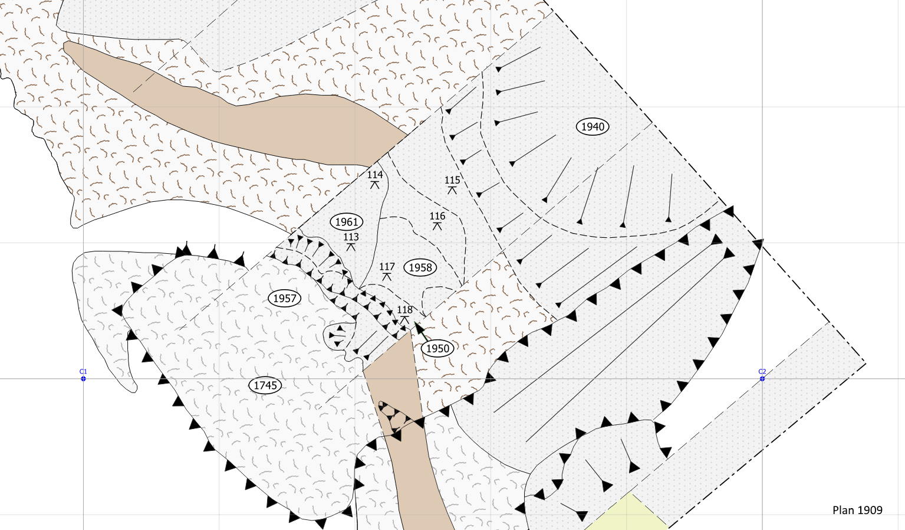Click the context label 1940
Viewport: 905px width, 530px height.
593,127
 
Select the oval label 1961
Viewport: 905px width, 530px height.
347,222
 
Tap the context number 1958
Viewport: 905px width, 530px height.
420,267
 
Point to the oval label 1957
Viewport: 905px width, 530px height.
284,299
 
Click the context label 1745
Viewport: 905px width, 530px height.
265,385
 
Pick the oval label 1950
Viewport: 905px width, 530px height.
437,348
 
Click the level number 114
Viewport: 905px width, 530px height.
375,175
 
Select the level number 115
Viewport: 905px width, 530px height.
452,180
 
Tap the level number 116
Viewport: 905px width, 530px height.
437,217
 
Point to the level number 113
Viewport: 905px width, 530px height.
351,237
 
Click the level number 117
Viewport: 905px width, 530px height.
387,267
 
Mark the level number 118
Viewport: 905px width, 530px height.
404,310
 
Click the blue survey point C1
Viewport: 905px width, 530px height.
83,379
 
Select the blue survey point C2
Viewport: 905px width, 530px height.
762,379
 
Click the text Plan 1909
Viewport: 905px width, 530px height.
857,510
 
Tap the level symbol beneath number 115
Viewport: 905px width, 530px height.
452,190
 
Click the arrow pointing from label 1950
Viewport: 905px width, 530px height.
421,331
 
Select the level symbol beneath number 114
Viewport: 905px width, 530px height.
375,185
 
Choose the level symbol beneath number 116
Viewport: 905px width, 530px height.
437,227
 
